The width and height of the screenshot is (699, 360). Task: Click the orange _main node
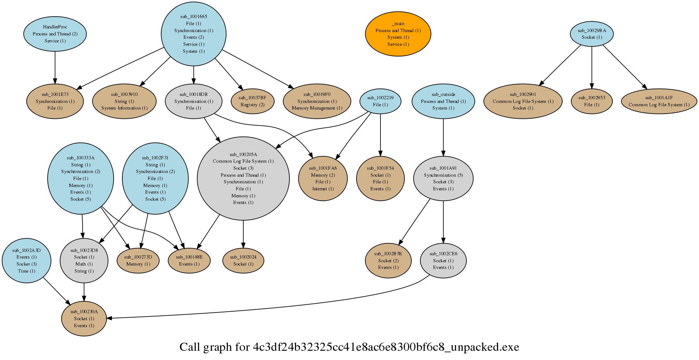click(x=398, y=34)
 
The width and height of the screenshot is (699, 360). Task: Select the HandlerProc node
click(x=55, y=34)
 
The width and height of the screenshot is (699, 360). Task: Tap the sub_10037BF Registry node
click(x=252, y=101)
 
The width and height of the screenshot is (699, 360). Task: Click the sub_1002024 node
click(x=243, y=260)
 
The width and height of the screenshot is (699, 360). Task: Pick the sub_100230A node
click(x=84, y=319)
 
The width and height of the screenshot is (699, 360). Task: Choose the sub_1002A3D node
click(x=27, y=260)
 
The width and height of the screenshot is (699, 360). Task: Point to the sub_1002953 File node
click(x=592, y=101)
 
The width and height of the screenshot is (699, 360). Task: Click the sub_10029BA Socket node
click(x=592, y=34)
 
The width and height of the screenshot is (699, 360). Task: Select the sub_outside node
click(x=443, y=101)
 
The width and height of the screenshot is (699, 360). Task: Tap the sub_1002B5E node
click(x=388, y=260)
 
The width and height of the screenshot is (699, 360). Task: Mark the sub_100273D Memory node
click(x=138, y=260)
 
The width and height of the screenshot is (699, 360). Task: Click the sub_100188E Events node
click(x=189, y=260)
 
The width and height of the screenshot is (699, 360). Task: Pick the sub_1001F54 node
click(x=380, y=179)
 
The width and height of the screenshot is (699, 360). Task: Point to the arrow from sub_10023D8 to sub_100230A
click(x=84, y=292)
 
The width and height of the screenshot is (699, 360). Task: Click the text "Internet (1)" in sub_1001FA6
click(x=323, y=189)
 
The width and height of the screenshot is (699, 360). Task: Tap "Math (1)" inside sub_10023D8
click(x=84, y=264)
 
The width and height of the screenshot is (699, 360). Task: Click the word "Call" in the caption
click(x=190, y=347)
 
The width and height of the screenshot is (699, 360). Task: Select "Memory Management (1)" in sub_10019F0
click(x=317, y=108)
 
